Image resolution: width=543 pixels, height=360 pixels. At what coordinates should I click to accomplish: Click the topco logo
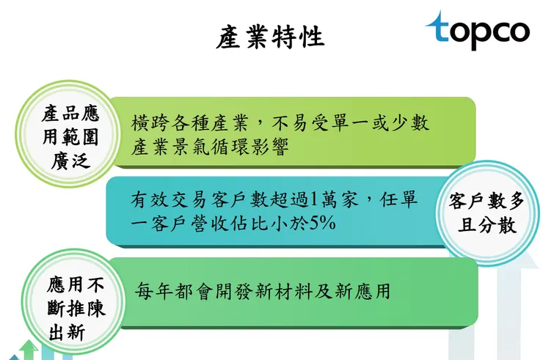pyautogui.click(x=477, y=30)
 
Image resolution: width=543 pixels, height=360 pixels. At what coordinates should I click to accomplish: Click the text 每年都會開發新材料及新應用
pyautogui.click(x=263, y=291)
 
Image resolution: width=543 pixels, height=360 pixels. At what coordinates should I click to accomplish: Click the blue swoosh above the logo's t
pyautogui.click(x=440, y=19)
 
